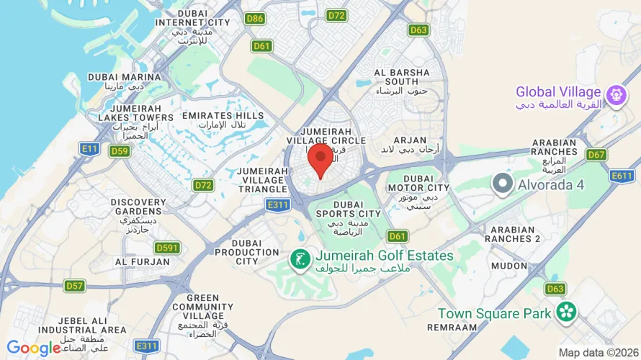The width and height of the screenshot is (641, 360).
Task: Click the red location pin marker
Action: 320,159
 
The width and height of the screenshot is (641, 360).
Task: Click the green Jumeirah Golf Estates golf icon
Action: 300,257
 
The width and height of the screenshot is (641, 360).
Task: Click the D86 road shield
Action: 254,19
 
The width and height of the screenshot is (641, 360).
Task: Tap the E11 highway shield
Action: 89,148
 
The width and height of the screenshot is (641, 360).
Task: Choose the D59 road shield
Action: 120,150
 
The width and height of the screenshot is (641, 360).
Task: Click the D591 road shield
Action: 166,248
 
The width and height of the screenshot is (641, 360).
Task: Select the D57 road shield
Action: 75,286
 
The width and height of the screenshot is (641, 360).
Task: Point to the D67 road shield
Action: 596,154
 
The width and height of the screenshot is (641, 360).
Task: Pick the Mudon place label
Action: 509,266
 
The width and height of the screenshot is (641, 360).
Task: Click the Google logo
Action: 33,348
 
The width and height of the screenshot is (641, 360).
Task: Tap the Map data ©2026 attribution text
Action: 598,353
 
